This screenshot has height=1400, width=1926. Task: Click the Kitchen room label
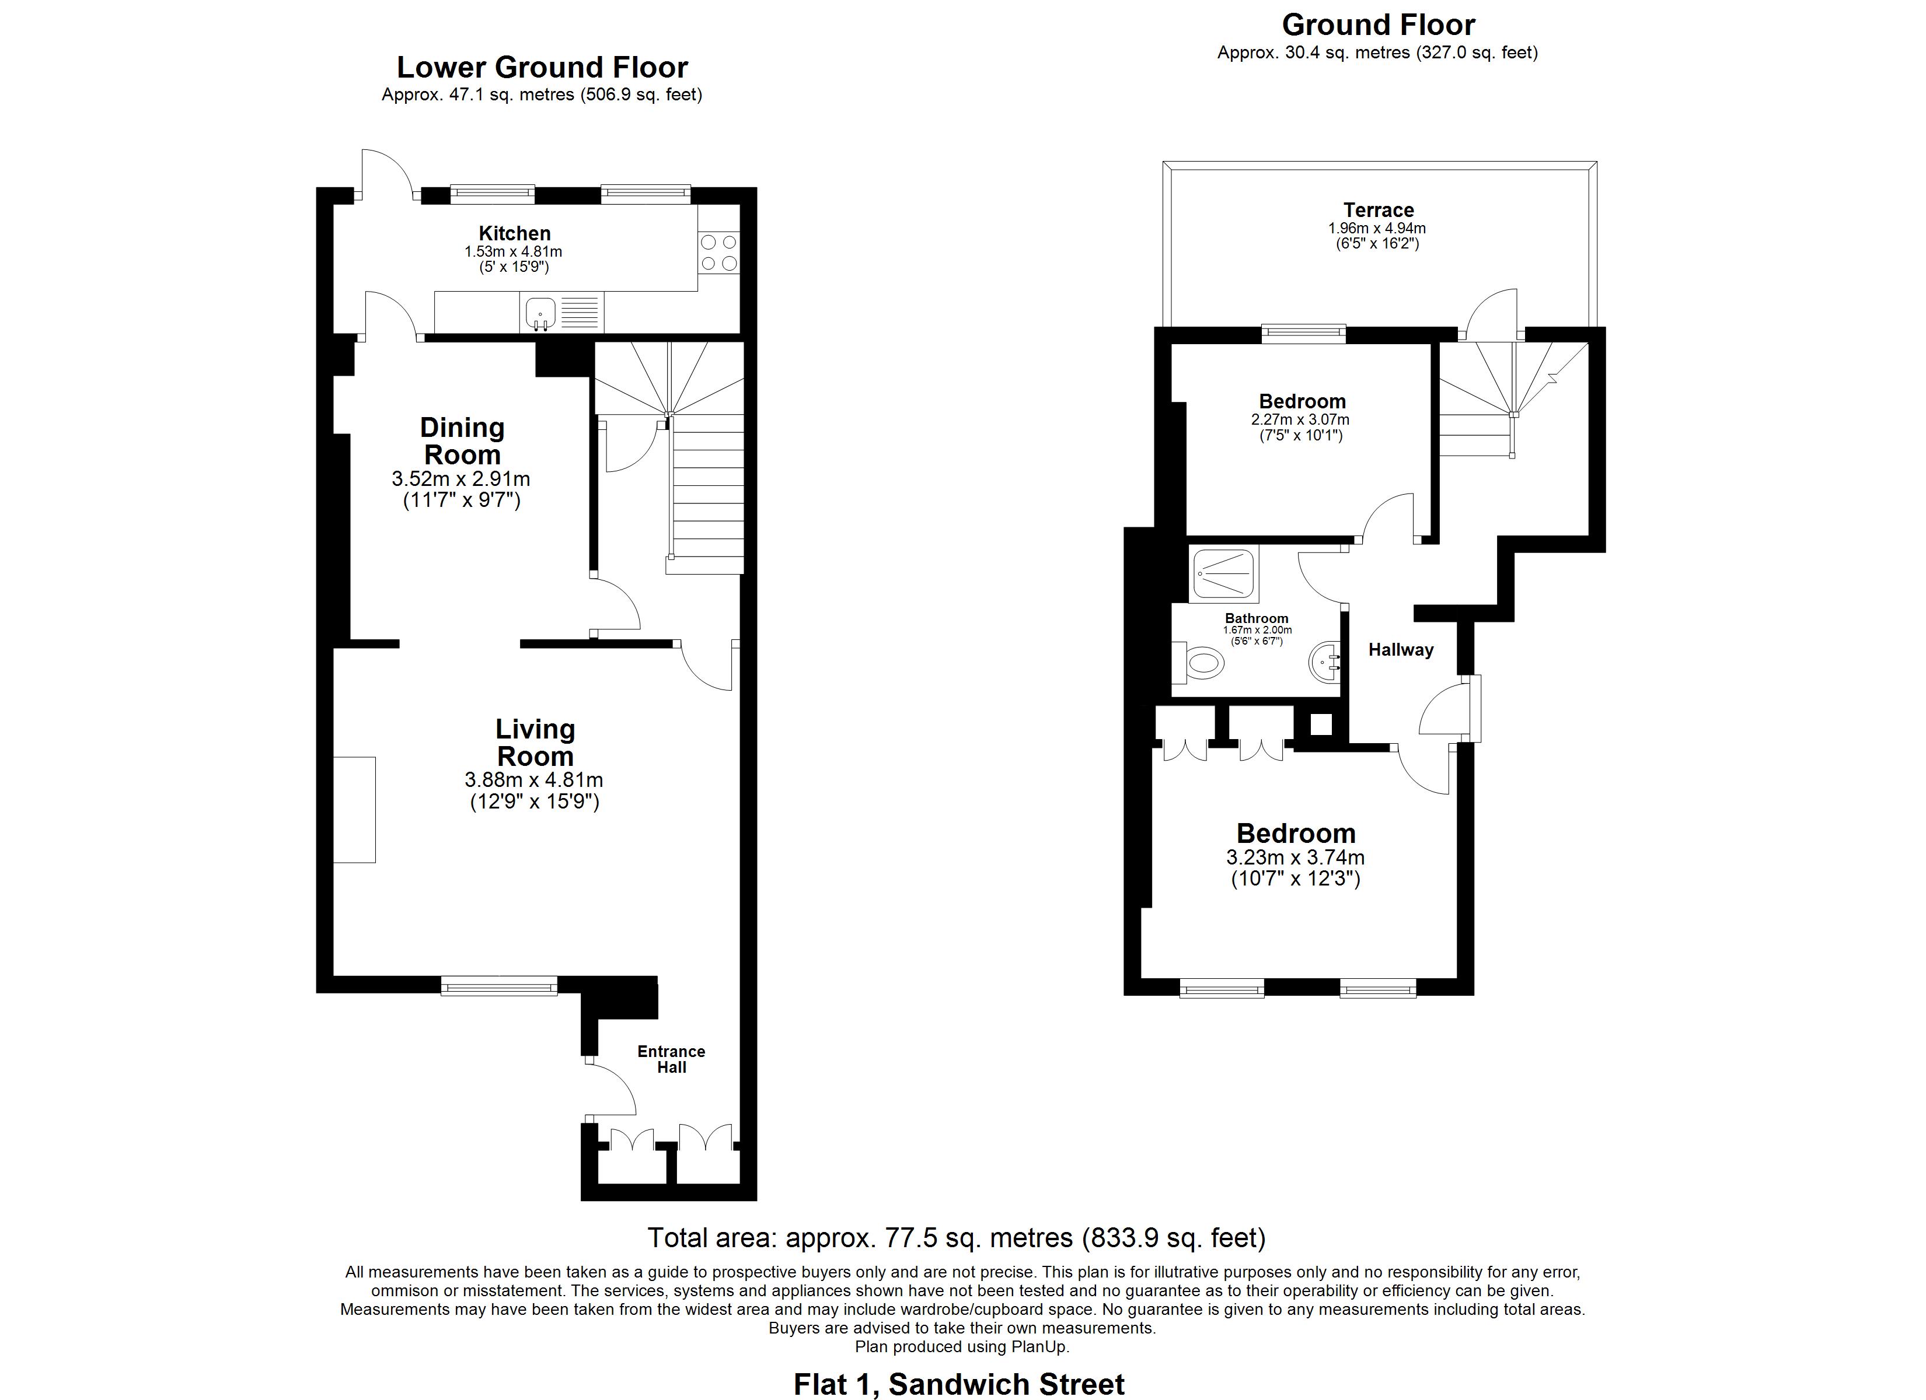[x=515, y=233]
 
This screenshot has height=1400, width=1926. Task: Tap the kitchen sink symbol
[x=539, y=313]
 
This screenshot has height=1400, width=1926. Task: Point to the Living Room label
[x=535, y=742]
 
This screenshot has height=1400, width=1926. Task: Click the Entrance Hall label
[x=671, y=1059]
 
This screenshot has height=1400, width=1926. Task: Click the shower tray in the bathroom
[x=1224, y=574]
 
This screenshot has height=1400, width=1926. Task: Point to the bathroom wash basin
[x=1325, y=662]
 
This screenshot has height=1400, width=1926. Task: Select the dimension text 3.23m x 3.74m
[x=1295, y=857]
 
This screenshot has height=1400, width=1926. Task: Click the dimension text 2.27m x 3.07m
[x=1300, y=419]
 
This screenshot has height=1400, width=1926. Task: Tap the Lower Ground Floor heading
[x=542, y=67]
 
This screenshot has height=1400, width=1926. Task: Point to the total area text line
[x=956, y=1238]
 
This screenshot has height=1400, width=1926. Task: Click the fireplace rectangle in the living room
[x=354, y=809]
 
